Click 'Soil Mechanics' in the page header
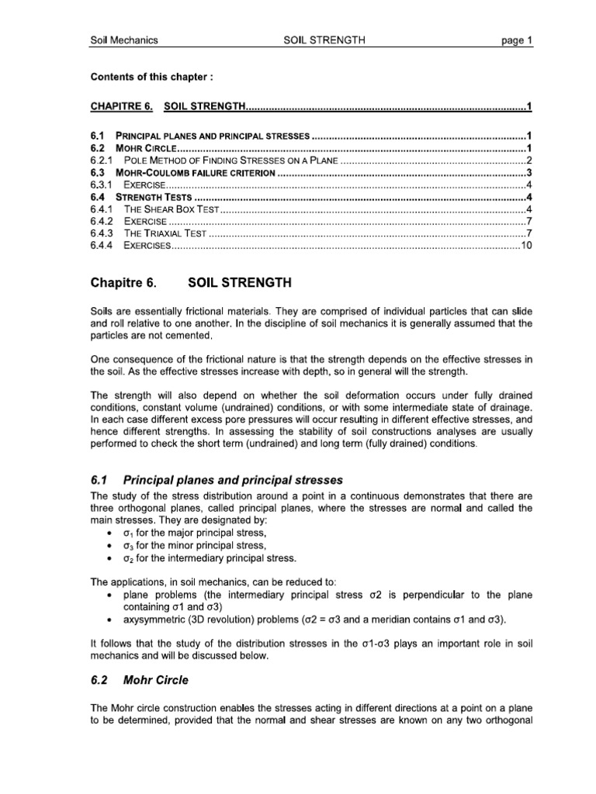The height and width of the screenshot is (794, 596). (x=124, y=40)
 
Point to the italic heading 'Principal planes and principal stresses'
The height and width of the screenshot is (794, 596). (x=234, y=480)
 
